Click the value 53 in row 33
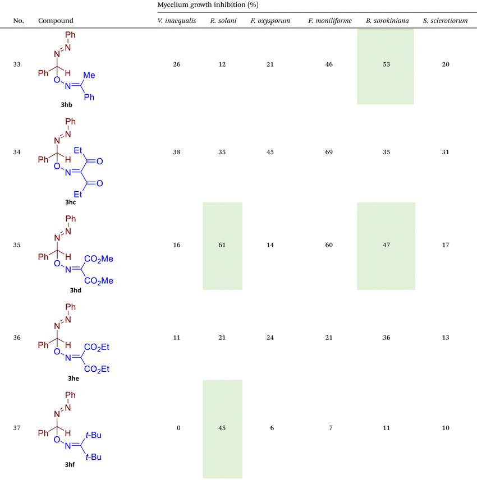tap(385, 64)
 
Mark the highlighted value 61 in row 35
tap(222, 245)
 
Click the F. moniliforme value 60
tap(329, 245)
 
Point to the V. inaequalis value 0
tap(178, 428)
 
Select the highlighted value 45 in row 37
tap(222, 428)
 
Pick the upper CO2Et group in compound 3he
tap(96, 348)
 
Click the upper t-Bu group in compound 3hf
tap(93, 435)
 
